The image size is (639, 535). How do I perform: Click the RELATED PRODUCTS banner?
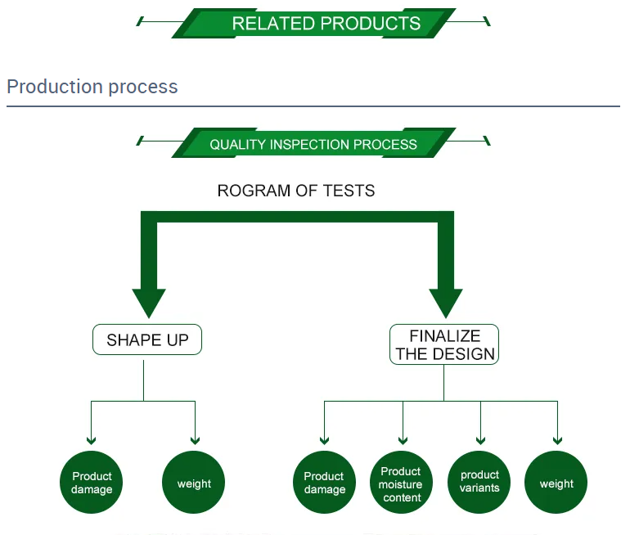click(x=314, y=23)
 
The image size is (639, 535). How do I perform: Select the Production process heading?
click(x=92, y=87)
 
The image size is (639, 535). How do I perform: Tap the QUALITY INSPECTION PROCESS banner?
click(x=313, y=144)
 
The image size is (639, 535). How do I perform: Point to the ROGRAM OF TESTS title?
click(x=296, y=191)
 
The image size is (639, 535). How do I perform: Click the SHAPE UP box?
click(x=147, y=339)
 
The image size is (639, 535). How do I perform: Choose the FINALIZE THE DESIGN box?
click(x=445, y=345)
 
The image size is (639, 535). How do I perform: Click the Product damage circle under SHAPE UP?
click(x=92, y=483)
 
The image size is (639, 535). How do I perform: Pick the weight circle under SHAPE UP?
click(x=194, y=483)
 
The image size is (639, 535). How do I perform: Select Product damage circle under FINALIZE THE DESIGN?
click(x=324, y=483)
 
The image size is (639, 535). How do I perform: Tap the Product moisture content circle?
click(x=401, y=483)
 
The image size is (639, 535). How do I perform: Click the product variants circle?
click(x=479, y=483)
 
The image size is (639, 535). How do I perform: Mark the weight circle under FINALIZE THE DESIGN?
click(x=556, y=483)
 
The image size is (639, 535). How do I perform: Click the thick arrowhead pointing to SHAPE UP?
click(x=149, y=303)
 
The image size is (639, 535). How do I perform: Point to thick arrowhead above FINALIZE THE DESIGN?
click(x=446, y=303)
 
